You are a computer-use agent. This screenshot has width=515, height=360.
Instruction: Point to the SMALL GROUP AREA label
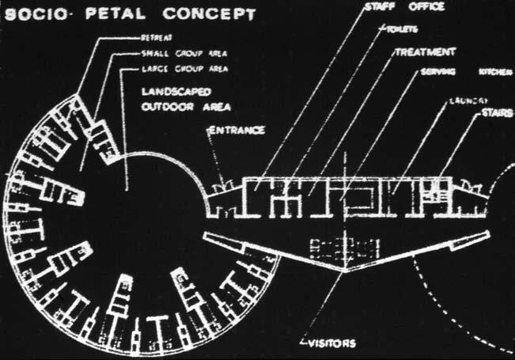click(176, 55)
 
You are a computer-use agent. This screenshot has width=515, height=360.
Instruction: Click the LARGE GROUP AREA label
click(176, 68)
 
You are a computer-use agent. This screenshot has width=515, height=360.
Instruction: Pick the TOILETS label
click(403, 31)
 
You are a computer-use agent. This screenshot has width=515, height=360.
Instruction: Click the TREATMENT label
click(424, 51)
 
